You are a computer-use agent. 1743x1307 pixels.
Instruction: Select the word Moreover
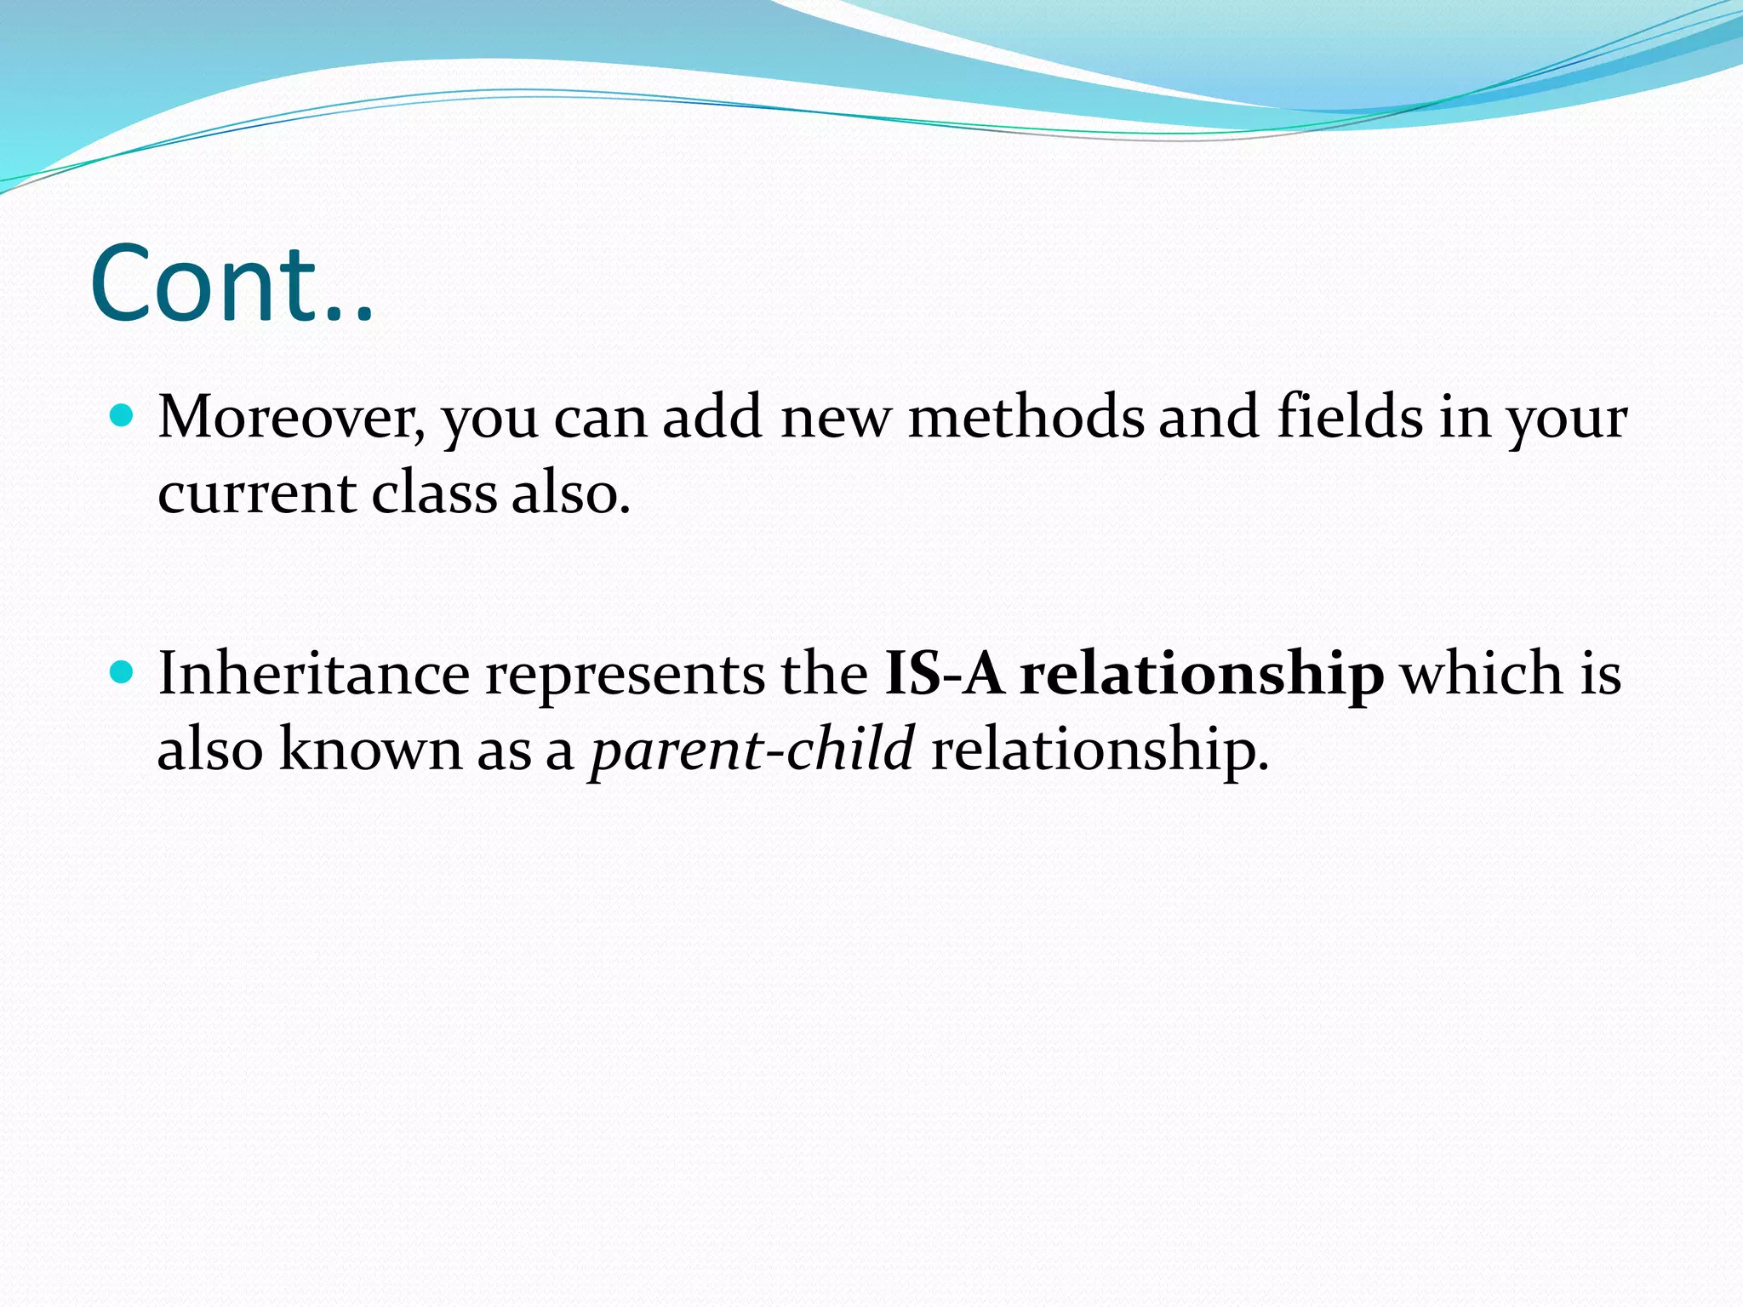[290, 419]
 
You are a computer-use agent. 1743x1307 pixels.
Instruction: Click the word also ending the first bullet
[570, 494]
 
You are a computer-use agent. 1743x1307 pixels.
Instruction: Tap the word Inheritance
[313, 674]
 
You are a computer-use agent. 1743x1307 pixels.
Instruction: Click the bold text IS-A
[945, 674]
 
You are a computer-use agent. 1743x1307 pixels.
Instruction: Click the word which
[1483, 674]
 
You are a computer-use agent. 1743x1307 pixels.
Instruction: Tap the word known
[369, 750]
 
